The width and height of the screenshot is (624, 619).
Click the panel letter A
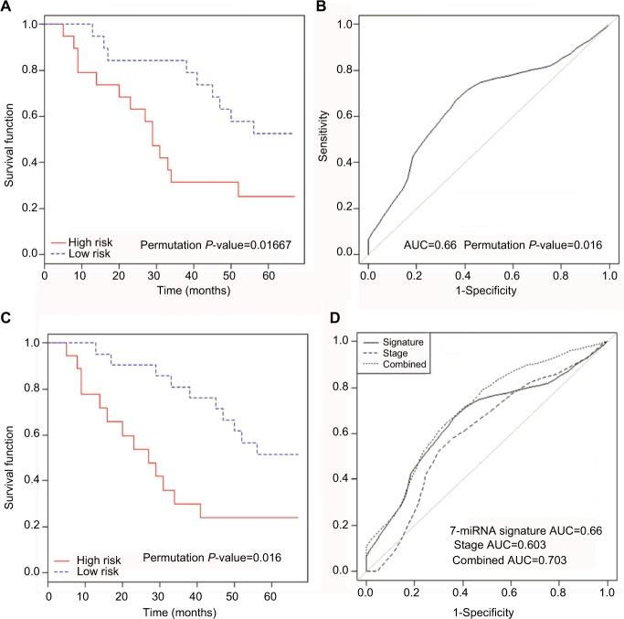tap(6, 7)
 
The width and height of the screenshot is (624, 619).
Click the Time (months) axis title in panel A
tap(170, 290)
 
